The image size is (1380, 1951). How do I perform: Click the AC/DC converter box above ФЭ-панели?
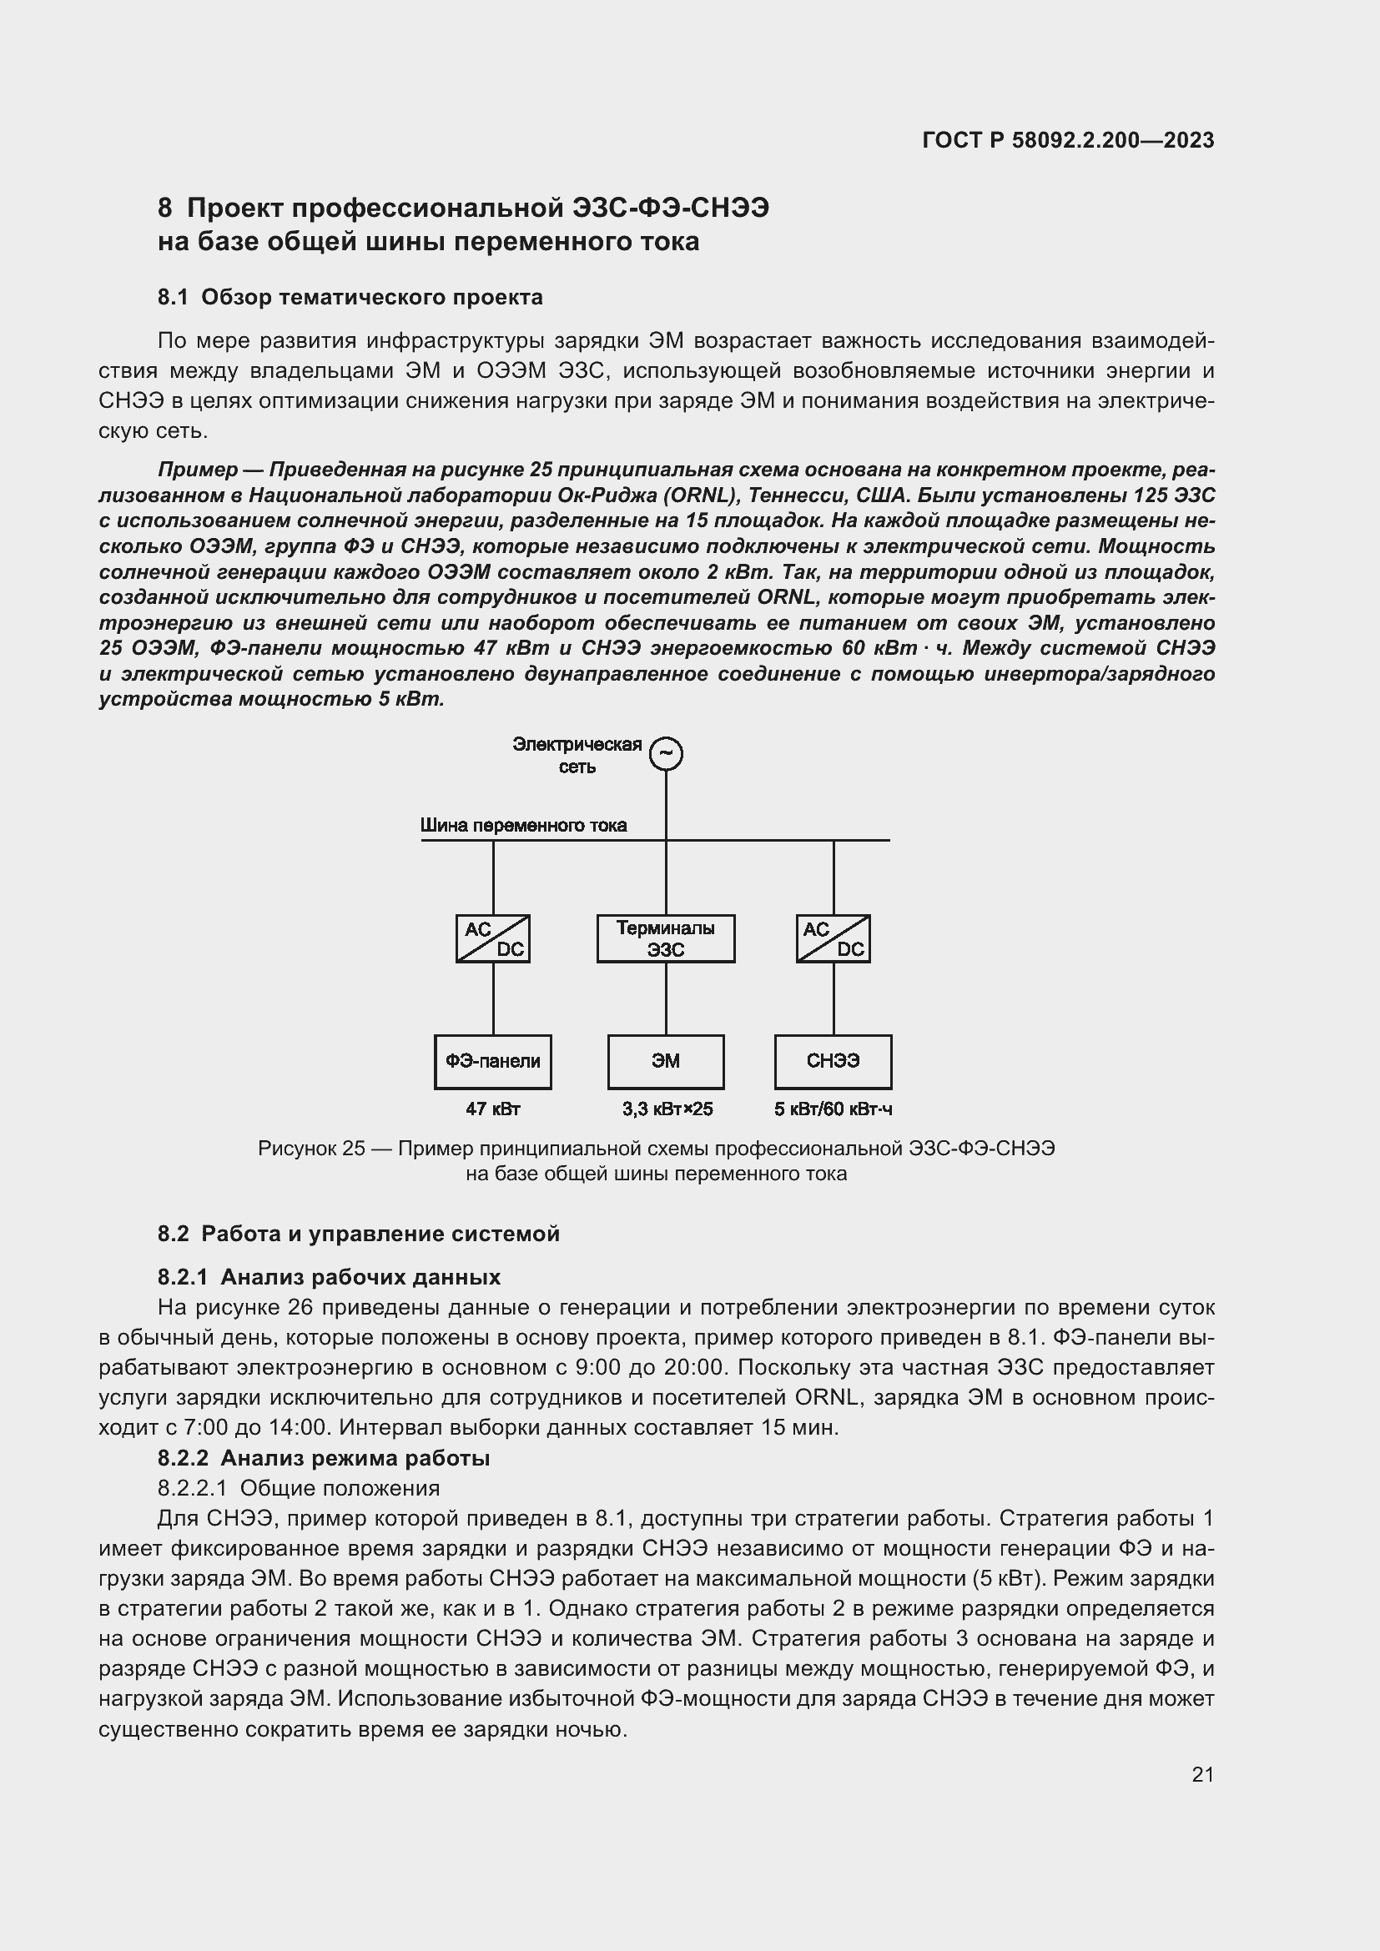coord(493,938)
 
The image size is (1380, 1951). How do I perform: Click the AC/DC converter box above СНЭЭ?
coord(833,938)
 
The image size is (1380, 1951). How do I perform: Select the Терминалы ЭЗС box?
coord(665,938)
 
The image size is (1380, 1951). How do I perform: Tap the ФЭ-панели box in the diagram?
coord(493,1061)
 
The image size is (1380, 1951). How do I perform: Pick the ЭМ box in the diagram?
coord(665,1061)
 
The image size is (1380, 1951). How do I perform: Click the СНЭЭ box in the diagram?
coord(833,1061)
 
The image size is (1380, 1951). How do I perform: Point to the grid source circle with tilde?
coord(666,753)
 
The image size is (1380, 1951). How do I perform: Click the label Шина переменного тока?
coord(523,825)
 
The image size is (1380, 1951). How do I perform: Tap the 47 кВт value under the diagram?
coord(493,1109)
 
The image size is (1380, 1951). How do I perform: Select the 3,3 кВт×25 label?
coord(667,1109)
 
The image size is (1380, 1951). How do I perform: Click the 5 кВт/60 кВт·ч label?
coord(833,1109)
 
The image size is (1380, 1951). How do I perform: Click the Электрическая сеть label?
coord(577,755)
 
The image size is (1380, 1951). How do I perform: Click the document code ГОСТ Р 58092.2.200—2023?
coord(1068,140)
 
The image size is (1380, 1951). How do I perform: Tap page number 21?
coord(1202,1774)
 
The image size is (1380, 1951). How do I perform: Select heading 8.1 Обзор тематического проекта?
coord(350,298)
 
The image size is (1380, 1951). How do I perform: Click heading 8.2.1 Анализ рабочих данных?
coord(329,1277)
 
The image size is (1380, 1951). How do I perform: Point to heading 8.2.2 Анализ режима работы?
coord(324,1458)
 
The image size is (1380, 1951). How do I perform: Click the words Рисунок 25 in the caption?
coord(311,1149)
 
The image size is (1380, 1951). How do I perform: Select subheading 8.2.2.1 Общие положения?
coord(298,1488)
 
